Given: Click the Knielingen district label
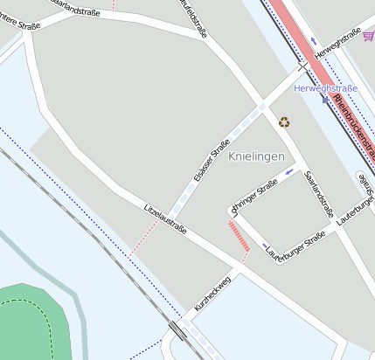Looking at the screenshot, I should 256,156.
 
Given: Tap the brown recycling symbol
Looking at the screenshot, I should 284,122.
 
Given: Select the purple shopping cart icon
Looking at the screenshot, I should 369,36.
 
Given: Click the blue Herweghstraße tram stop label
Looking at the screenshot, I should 326,89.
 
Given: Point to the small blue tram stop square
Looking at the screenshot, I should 325,100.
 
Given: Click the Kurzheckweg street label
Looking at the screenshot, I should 212,294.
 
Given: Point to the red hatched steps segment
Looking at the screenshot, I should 239,237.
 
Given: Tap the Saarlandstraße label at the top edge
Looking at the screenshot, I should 75,6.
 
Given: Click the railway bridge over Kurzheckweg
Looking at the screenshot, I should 178,330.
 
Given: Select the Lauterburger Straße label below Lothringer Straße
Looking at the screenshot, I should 296,244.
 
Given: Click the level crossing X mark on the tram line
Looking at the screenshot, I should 302,66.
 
